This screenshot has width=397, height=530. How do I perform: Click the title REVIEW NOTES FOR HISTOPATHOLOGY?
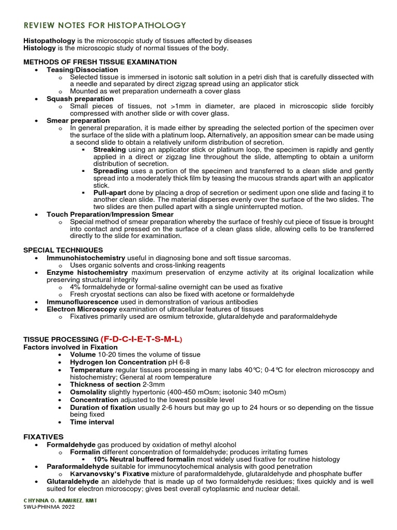coord(105,25)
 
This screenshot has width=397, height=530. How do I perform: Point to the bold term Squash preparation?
coord(80,98)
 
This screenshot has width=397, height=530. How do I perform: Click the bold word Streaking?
coord(110,149)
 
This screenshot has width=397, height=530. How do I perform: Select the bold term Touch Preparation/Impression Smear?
coord(110,214)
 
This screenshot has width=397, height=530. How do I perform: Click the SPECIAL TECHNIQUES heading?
coord(63,250)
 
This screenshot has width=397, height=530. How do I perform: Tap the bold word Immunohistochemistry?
coord(86,258)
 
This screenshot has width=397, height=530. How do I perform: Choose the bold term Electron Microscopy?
coord(79,309)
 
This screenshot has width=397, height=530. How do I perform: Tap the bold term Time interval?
coord(92,422)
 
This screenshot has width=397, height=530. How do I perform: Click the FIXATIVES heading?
coord(43,437)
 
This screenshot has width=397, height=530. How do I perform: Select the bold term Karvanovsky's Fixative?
coord(103,474)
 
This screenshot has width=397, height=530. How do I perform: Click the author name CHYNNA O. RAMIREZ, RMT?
coord(60,500)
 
